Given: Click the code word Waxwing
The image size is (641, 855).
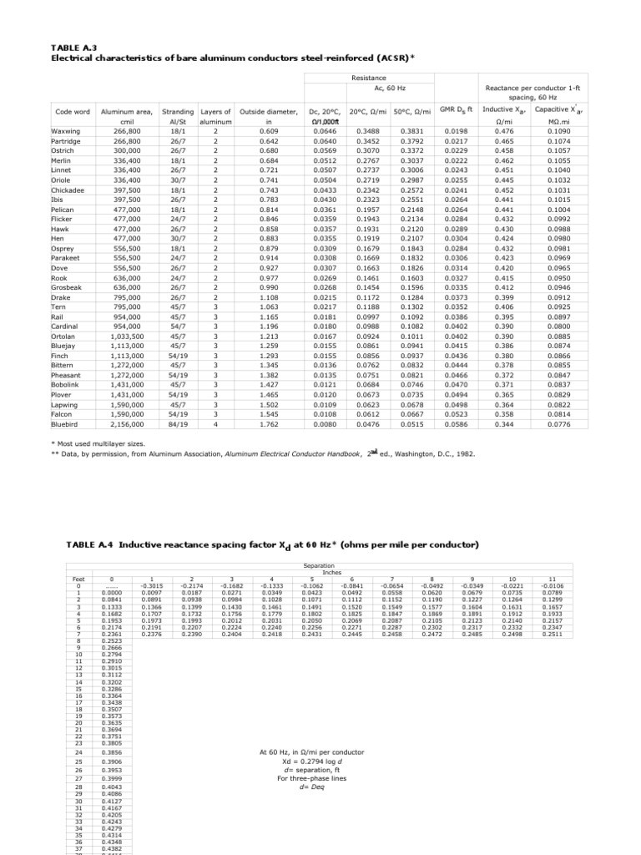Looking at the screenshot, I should [68, 132].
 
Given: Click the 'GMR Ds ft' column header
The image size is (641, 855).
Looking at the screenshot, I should [457, 109].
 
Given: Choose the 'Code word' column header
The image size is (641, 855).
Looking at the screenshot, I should [72, 111].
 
